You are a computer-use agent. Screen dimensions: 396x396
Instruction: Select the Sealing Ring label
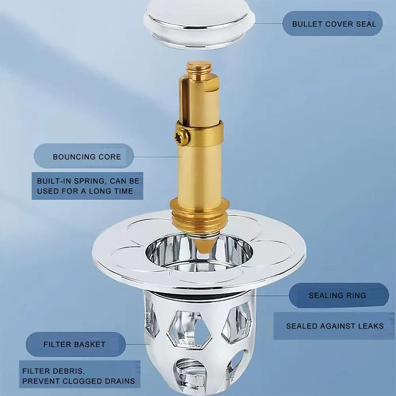pyautogui.click(x=337, y=295)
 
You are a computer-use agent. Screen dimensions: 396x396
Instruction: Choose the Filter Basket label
pyautogui.click(x=74, y=345)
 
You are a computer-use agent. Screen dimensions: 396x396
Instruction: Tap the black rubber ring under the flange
pyautogui.click(x=198, y=295)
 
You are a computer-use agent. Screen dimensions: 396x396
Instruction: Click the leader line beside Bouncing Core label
pyautogui.click(x=154, y=157)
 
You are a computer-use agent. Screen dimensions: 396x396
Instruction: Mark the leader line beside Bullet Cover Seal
pyautogui.click(x=267, y=23)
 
